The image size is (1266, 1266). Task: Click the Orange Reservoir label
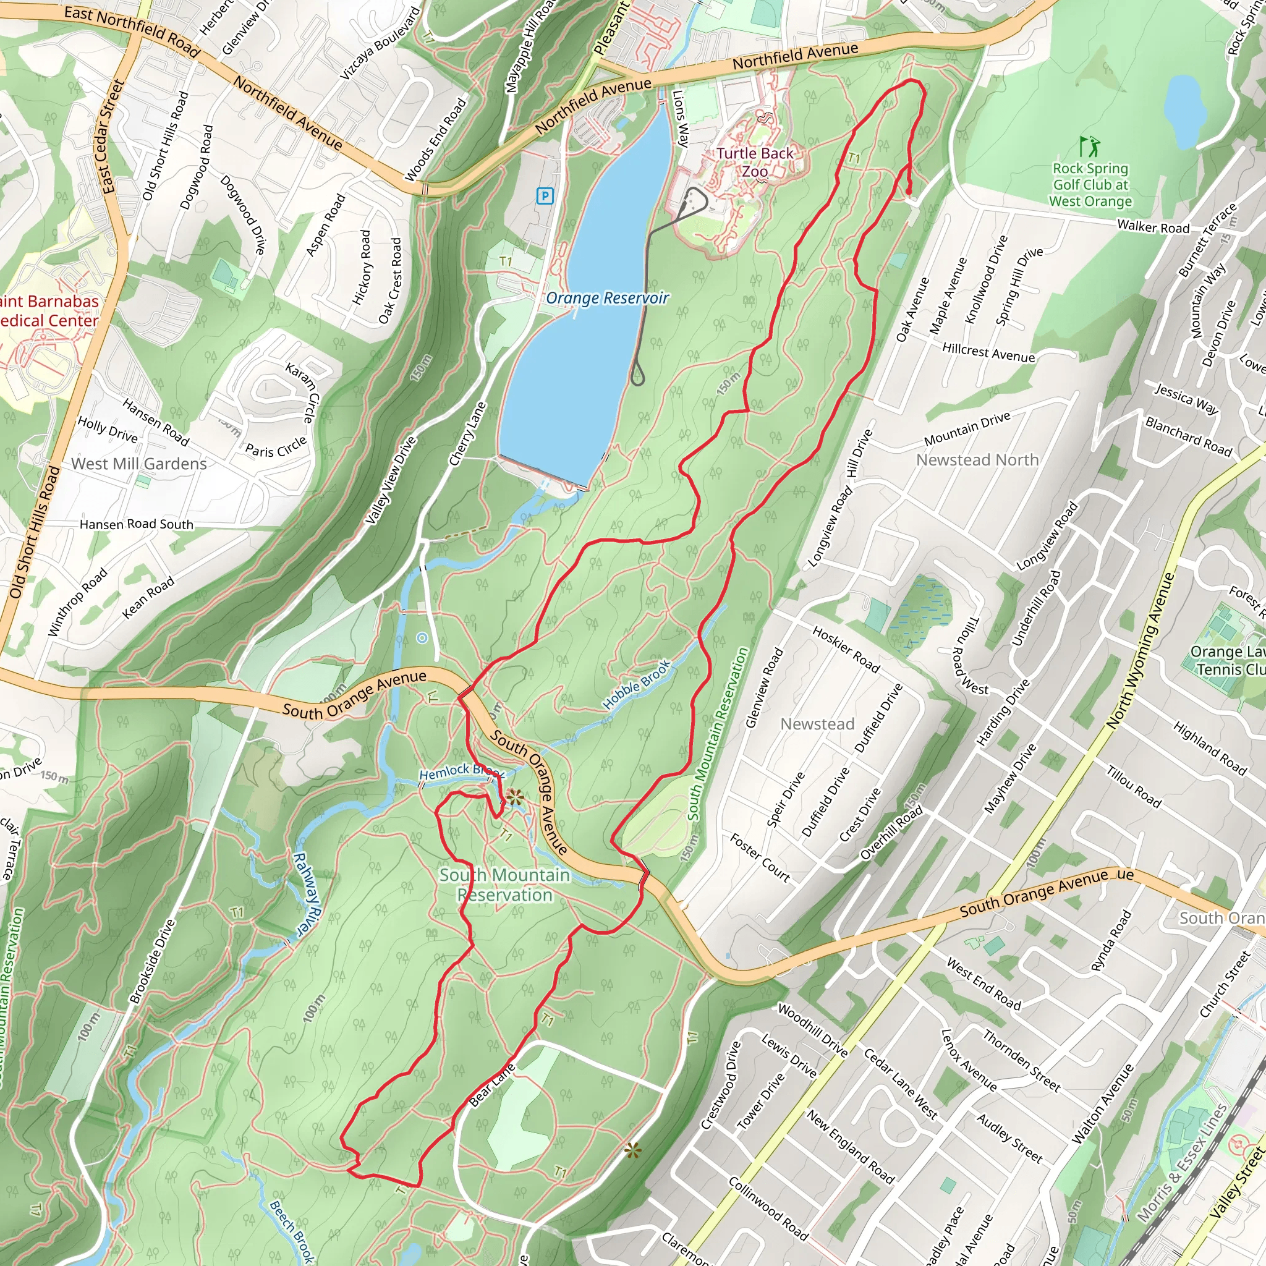[x=607, y=298]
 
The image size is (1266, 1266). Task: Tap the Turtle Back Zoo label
[x=754, y=162]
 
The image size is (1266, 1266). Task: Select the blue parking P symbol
[x=545, y=195]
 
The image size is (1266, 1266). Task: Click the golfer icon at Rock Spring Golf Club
[x=1090, y=145]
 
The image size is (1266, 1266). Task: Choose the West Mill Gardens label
[x=139, y=464]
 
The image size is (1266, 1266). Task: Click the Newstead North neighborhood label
[x=977, y=460]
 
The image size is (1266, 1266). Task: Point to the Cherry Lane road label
[x=467, y=434]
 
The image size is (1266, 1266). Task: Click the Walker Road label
[x=1153, y=227]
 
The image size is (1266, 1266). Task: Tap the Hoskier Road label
[x=845, y=648]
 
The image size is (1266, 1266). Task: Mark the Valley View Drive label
[x=391, y=480]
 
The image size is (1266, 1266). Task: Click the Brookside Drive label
[x=153, y=961]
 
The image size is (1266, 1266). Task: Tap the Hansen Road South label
[x=136, y=524]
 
